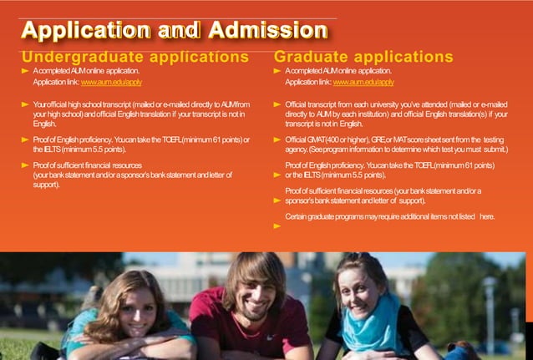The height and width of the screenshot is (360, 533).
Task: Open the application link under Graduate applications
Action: pos(363,83)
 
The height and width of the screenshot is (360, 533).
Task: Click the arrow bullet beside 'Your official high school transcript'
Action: pos(25,104)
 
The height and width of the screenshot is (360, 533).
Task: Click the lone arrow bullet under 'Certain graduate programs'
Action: pos(279,226)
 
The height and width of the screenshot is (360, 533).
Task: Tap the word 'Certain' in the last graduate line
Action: pos(297,216)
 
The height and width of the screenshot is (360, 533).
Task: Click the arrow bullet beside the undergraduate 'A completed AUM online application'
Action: pos(25,72)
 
